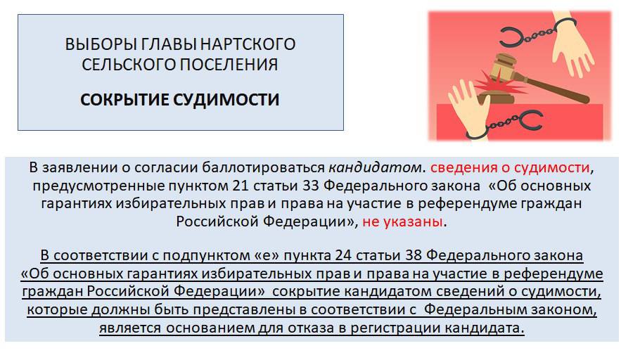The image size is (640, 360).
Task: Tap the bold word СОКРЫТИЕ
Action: (124, 100)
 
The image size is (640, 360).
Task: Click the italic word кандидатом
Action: (375, 167)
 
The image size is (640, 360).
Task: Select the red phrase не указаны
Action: (402, 221)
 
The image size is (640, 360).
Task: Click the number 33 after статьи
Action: (311, 186)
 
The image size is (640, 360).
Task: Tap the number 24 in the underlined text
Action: (343, 255)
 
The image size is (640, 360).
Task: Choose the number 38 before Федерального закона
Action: (414, 255)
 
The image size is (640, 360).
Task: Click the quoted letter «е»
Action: (267, 255)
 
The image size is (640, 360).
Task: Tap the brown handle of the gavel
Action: (551, 86)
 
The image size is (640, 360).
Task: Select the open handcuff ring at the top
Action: (511, 37)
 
